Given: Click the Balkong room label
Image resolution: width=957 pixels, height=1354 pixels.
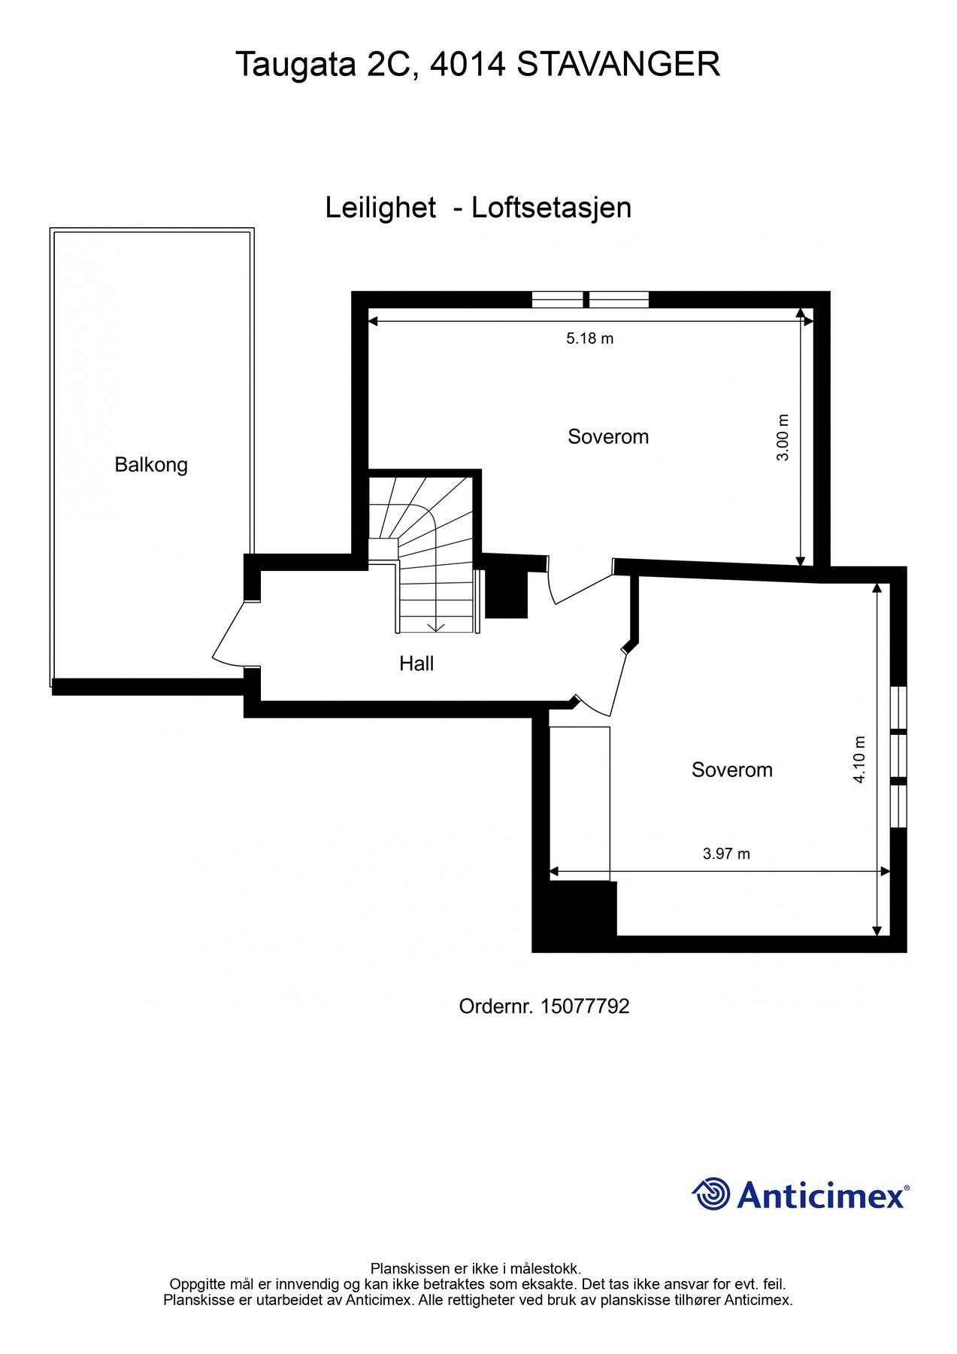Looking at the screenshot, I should point(151,465).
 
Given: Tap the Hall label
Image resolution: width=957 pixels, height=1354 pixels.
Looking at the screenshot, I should point(416,663).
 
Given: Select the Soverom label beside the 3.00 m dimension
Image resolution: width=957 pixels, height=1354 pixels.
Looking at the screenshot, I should point(608,437).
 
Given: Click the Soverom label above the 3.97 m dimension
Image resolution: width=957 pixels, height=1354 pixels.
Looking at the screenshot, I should point(731,770).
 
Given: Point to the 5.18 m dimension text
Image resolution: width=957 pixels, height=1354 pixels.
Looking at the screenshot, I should point(589,338).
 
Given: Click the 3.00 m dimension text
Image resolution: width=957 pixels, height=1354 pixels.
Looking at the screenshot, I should point(783,437).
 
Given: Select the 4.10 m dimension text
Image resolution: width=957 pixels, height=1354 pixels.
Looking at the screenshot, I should point(859,760).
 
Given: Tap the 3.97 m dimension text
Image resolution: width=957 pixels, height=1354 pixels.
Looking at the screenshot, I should point(726,854).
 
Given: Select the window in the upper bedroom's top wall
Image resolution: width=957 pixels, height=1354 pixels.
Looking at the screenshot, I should point(590,299).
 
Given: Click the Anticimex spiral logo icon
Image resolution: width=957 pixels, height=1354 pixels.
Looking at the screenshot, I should point(711,1194).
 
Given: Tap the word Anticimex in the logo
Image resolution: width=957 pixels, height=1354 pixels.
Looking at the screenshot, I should point(821,1195).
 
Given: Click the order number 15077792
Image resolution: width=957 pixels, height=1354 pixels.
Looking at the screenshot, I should point(584,1006).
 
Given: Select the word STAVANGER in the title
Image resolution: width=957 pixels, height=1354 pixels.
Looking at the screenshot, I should point(619,65).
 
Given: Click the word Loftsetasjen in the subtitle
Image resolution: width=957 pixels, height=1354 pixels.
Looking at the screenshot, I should point(551,208).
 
